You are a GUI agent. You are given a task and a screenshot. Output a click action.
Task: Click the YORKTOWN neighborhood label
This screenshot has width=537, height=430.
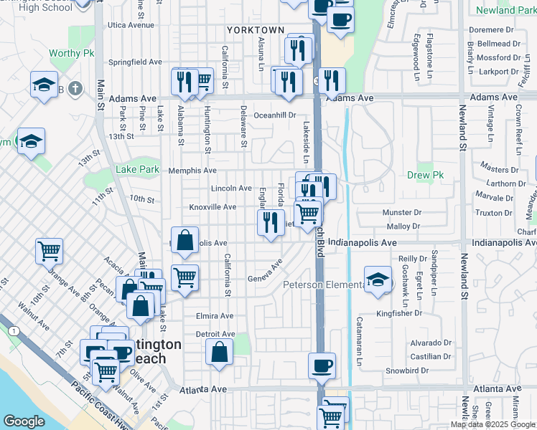pos(256,30)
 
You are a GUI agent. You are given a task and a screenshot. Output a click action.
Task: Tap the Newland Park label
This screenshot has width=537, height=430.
pos(505,10)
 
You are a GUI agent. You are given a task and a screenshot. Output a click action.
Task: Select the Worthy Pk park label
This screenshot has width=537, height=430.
pos(69,54)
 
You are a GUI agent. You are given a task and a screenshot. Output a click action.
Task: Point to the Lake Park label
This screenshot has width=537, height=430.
pos(137,170)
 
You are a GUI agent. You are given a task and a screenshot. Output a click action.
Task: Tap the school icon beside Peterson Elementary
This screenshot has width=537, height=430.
pos(377,280)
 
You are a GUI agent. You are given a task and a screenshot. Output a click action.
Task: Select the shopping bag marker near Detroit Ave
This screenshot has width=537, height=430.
pos(219,352)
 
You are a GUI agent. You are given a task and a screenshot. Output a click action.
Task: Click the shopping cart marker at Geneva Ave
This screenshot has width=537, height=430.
pos(185,277)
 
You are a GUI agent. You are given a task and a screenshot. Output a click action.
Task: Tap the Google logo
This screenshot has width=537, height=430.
pos(24,421)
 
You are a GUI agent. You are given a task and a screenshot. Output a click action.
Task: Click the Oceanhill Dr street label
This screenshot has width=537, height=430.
pos(275,115)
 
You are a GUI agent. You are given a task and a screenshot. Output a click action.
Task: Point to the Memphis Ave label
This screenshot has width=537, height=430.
pos(192,171)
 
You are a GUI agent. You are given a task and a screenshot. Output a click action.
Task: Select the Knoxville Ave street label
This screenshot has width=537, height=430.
pos(213,207)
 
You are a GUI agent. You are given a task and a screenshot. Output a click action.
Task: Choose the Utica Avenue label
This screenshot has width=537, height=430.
pos(131,24)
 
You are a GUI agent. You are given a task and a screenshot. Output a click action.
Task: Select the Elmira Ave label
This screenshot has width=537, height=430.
pos(215,316)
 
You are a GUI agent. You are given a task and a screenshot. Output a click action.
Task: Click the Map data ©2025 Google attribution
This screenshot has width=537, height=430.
pos(493,424)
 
